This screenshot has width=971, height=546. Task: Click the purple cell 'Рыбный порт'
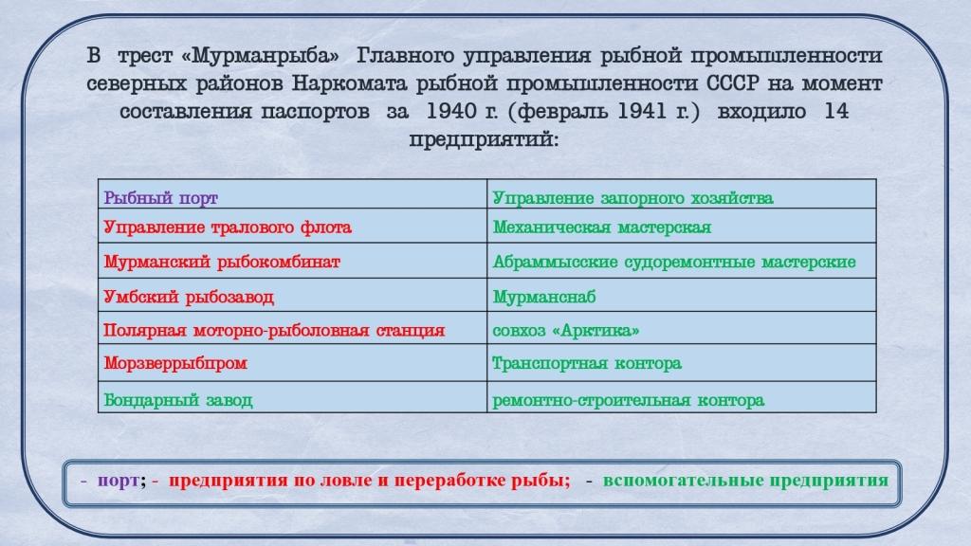pos(292,193)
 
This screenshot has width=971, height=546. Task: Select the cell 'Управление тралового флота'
pos(292,226)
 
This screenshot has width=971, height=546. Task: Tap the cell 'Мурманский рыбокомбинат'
pos(292,260)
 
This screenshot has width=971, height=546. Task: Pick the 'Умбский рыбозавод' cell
pos(292,295)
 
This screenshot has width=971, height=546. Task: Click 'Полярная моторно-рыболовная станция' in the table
pos(292,327)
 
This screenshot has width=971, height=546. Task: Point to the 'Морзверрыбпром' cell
pos(292,362)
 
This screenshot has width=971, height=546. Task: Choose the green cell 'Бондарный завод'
pos(292,396)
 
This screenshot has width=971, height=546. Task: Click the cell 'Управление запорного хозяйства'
pos(681,193)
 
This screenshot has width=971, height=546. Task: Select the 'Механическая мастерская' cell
pos(681,226)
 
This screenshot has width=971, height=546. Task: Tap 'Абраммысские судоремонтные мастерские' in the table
pos(681,260)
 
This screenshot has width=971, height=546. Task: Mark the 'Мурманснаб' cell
pos(681,295)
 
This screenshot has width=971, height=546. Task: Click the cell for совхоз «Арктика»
pos(681,327)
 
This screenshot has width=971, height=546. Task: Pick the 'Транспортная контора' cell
pos(681,362)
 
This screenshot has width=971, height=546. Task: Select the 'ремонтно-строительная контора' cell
pos(681,396)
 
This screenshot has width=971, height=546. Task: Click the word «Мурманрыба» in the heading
pos(261,56)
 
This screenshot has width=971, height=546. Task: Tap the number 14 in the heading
pos(836,112)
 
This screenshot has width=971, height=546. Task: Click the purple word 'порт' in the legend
pos(119,481)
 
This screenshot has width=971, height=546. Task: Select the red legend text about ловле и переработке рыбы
pos(369,481)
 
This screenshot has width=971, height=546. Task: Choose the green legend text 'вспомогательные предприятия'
pos(745,481)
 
